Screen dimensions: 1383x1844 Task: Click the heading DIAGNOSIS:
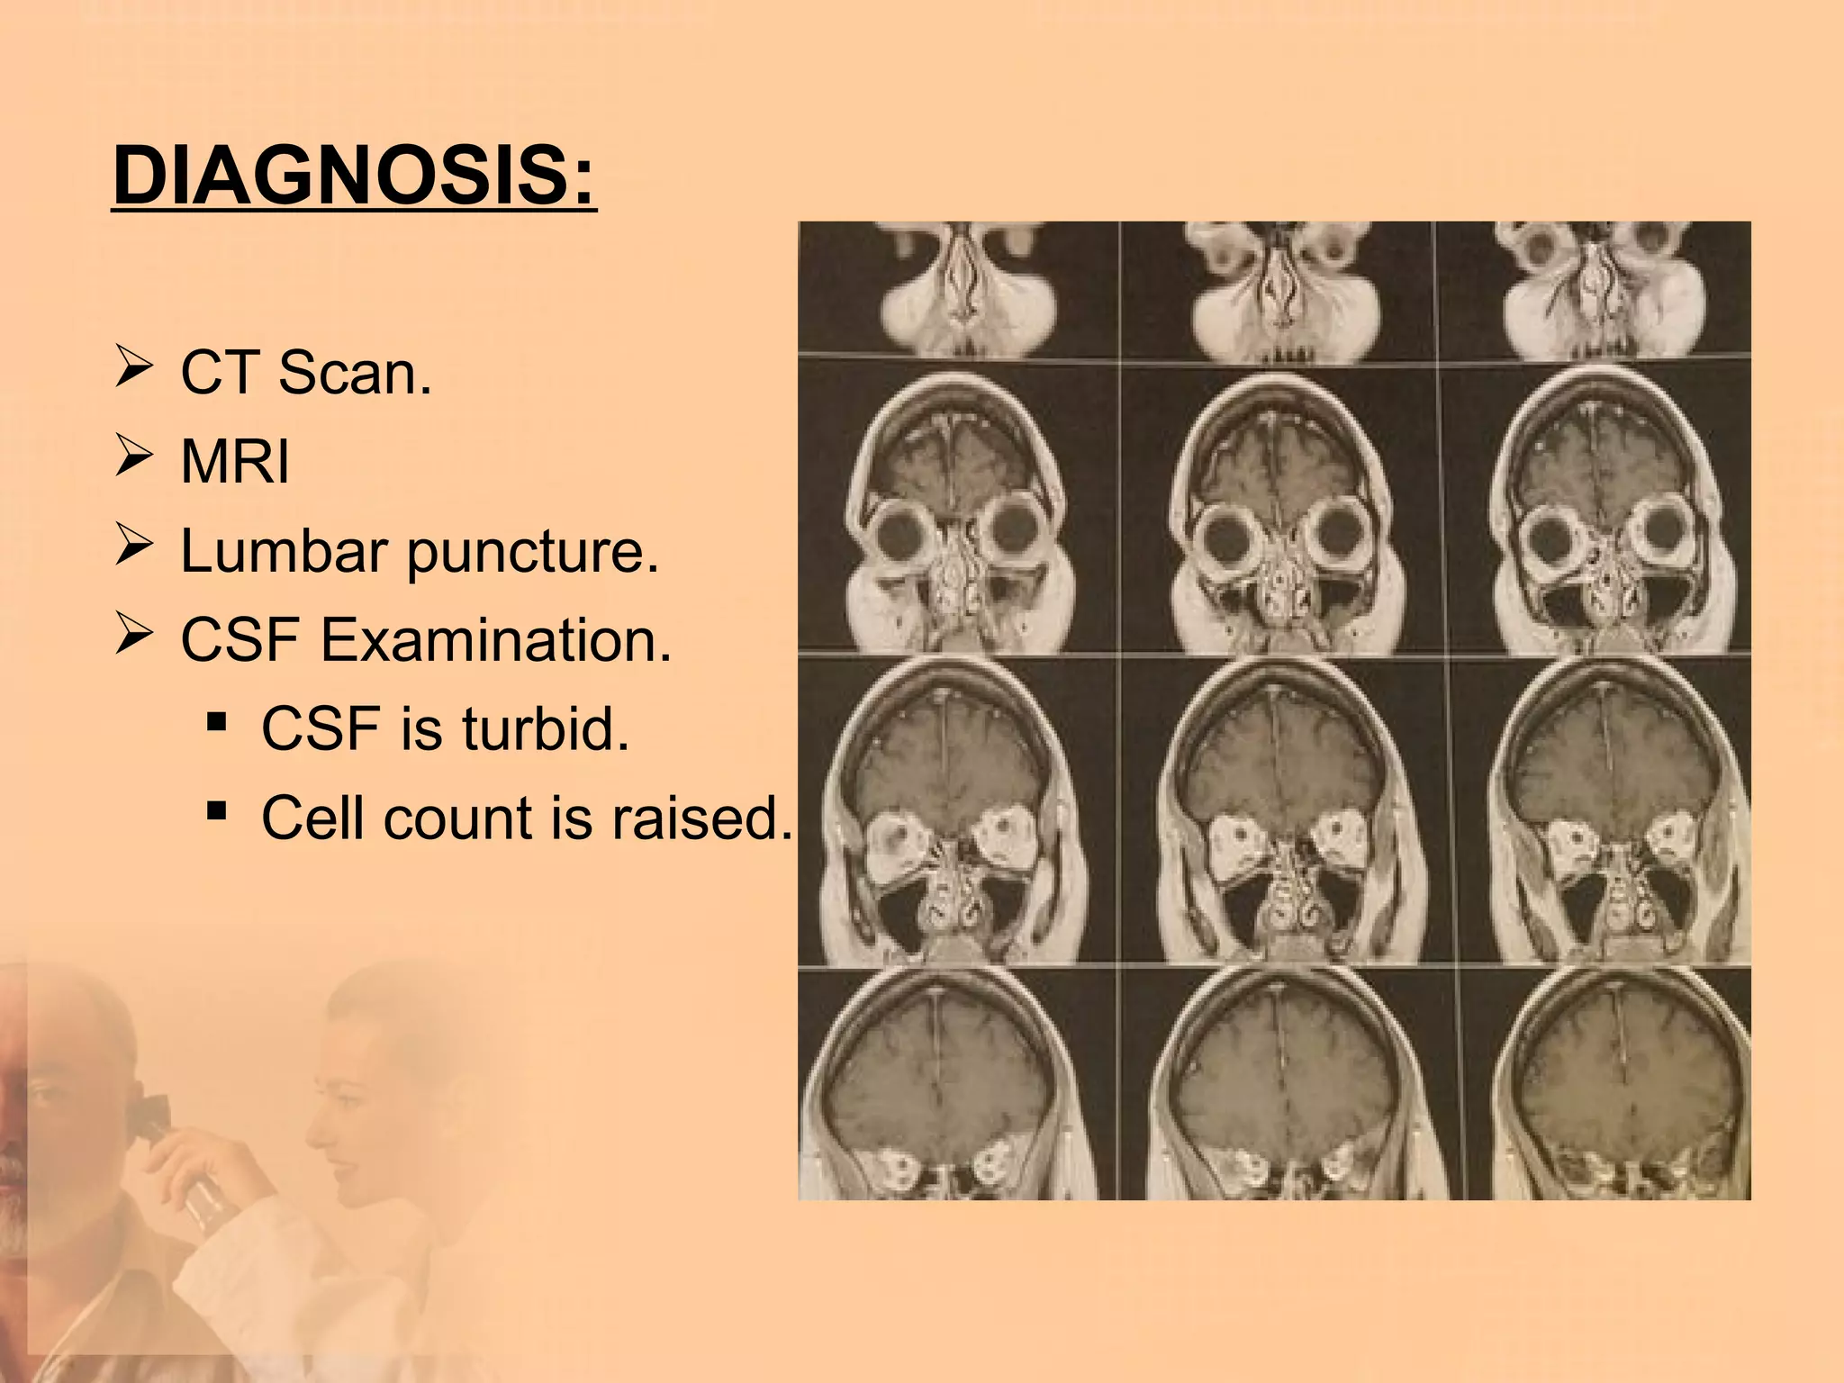click(354, 176)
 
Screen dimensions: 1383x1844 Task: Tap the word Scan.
click(355, 373)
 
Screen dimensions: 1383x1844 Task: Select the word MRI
click(235, 462)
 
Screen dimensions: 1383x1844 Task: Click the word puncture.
click(533, 552)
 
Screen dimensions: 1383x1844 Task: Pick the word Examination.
click(496, 640)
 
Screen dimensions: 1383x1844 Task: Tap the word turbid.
click(546, 728)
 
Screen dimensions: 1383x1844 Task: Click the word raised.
click(702, 818)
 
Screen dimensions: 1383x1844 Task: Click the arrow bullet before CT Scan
click(132, 370)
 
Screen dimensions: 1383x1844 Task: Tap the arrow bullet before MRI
click(132, 458)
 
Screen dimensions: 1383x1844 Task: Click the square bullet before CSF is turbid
click(216, 722)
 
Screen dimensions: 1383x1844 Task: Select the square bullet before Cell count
click(216, 811)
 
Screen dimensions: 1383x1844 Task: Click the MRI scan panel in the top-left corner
click(958, 290)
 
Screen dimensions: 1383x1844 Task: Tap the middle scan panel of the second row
click(1279, 509)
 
